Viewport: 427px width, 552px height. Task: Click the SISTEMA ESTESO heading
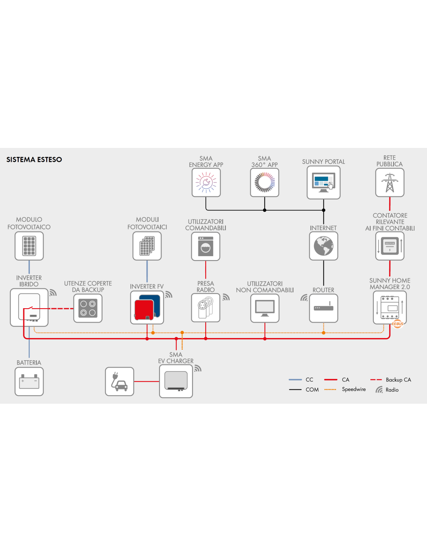tap(34, 160)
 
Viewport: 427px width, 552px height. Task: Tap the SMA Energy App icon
tap(206, 182)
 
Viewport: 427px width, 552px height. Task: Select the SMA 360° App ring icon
tap(264, 182)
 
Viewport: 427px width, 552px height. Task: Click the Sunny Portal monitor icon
tap(323, 182)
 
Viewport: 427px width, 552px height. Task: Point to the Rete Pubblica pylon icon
tap(390, 182)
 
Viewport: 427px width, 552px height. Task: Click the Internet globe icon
tap(323, 246)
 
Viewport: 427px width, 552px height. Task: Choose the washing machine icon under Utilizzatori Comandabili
tap(205, 246)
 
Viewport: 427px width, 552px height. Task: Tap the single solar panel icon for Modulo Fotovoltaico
tap(29, 246)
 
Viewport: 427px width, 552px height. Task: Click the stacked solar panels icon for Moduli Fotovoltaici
tap(147, 246)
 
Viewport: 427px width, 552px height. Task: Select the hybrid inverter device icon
tap(29, 307)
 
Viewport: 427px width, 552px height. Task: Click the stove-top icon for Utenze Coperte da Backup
tap(88, 308)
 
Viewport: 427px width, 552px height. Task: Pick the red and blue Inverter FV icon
tap(147, 307)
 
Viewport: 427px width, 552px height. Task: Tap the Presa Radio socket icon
tap(205, 308)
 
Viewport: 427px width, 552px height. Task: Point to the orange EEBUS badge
tap(397, 324)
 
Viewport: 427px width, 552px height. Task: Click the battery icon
tap(29, 382)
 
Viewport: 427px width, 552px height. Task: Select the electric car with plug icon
tap(120, 382)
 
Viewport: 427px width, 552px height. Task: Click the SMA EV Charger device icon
tap(176, 381)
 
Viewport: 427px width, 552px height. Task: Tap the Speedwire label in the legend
tap(354, 389)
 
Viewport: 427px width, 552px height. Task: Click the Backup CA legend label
tap(398, 380)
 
